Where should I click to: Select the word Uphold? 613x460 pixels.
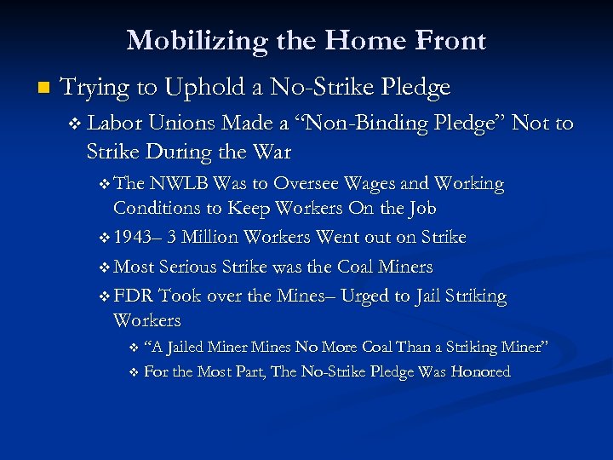pyautogui.click(x=207, y=87)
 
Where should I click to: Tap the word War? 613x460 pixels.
pyautogui.click(x=272, y=152)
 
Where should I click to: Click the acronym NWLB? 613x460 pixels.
pyautogui.click(x=180, y=184)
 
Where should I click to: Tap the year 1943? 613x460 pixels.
pyautogui.click(x=134, y=237)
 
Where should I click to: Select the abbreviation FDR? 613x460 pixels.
pyautogui.click(x=133, y=296)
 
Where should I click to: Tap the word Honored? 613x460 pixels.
pyautogui.click(x=480, y=371)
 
